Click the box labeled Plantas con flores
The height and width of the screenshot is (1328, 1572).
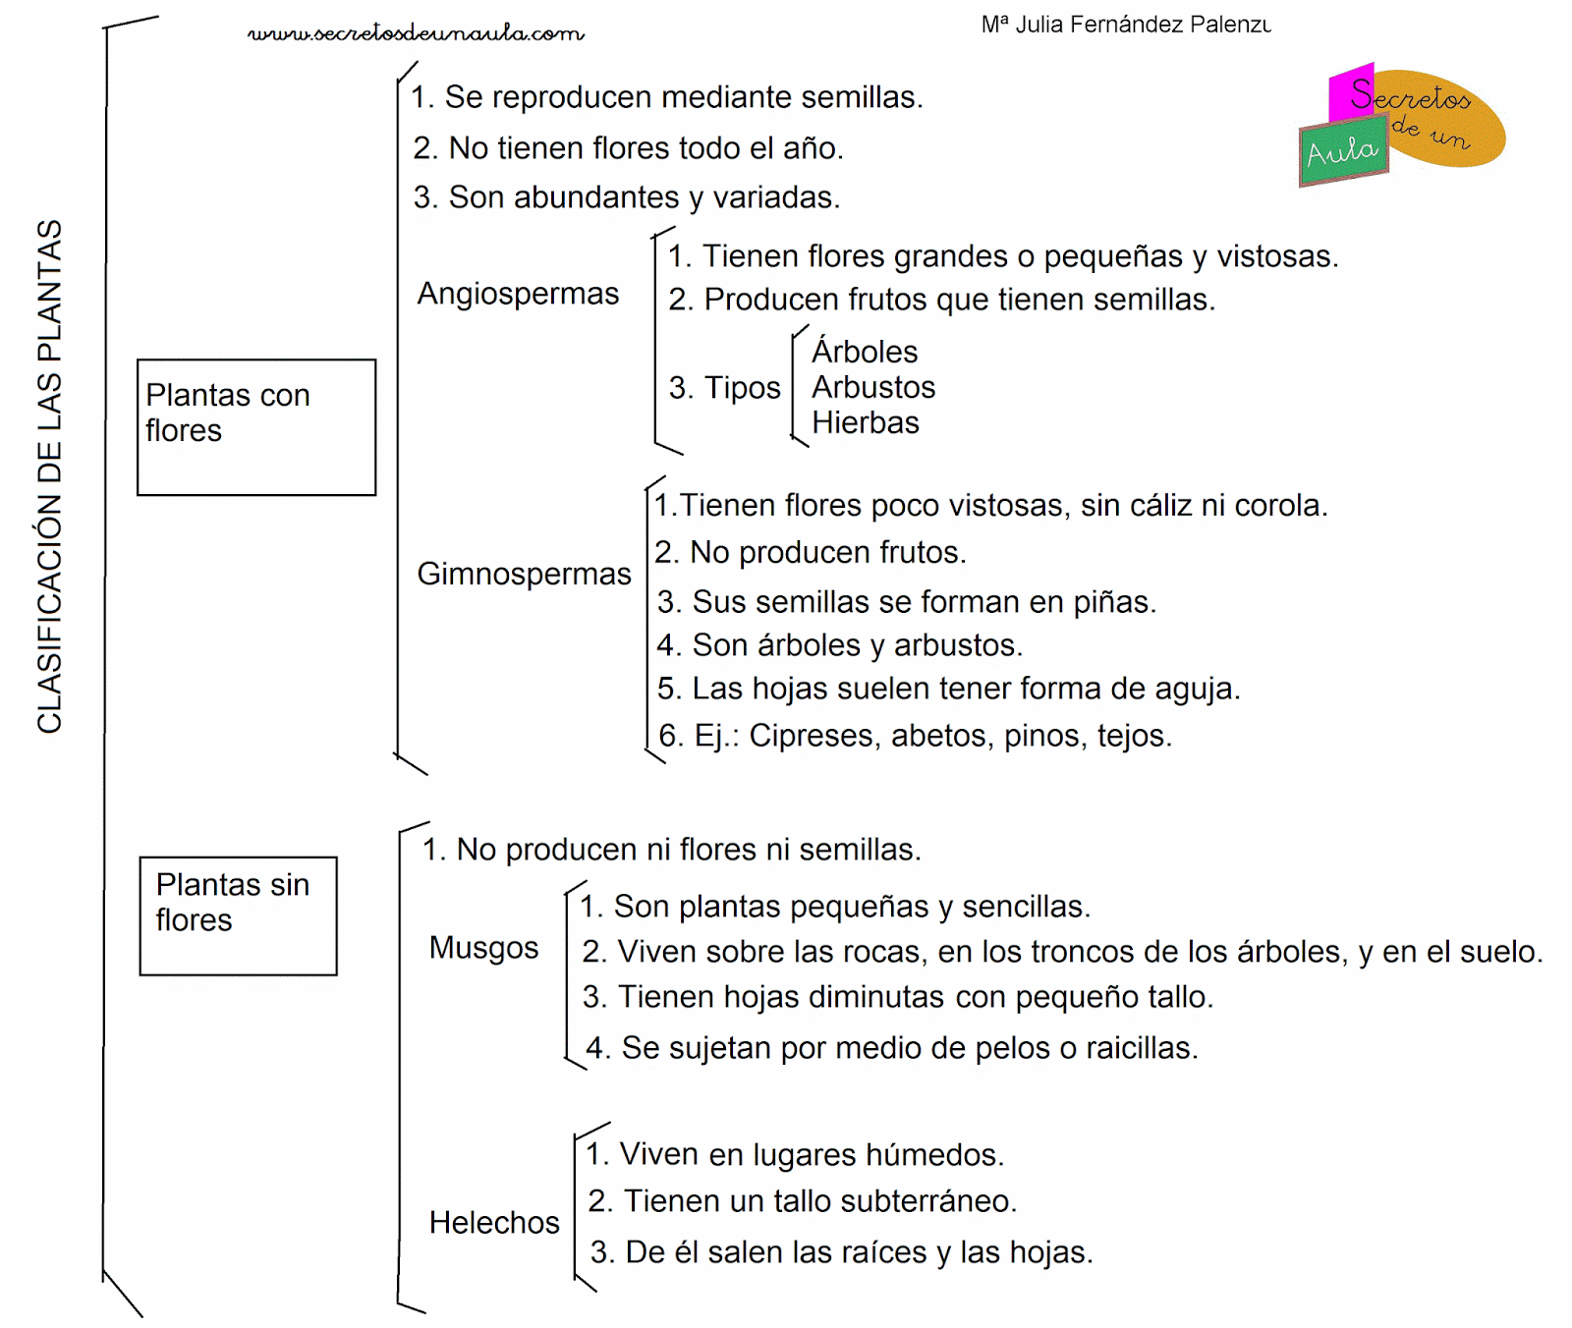255,426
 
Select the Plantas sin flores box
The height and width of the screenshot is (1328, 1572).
238,915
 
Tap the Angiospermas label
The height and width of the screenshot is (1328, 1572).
518,294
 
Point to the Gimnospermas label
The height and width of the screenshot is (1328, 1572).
524,574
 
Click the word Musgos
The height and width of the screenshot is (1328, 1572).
483,948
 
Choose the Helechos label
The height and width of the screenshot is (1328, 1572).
494,1223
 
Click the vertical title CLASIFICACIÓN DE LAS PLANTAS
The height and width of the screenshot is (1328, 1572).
49,476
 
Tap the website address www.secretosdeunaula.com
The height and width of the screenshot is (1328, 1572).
416,33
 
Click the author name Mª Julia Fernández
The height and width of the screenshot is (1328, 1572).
1125,25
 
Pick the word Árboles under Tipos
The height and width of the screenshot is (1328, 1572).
865,352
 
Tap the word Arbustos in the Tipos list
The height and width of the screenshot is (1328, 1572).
873,388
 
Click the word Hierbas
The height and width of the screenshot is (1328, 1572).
866,423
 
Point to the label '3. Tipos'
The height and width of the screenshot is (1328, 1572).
724,388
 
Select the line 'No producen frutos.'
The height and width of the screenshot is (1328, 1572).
811,553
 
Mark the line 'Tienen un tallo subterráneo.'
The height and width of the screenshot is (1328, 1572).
803,1201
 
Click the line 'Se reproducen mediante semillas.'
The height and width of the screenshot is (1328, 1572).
667,97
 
